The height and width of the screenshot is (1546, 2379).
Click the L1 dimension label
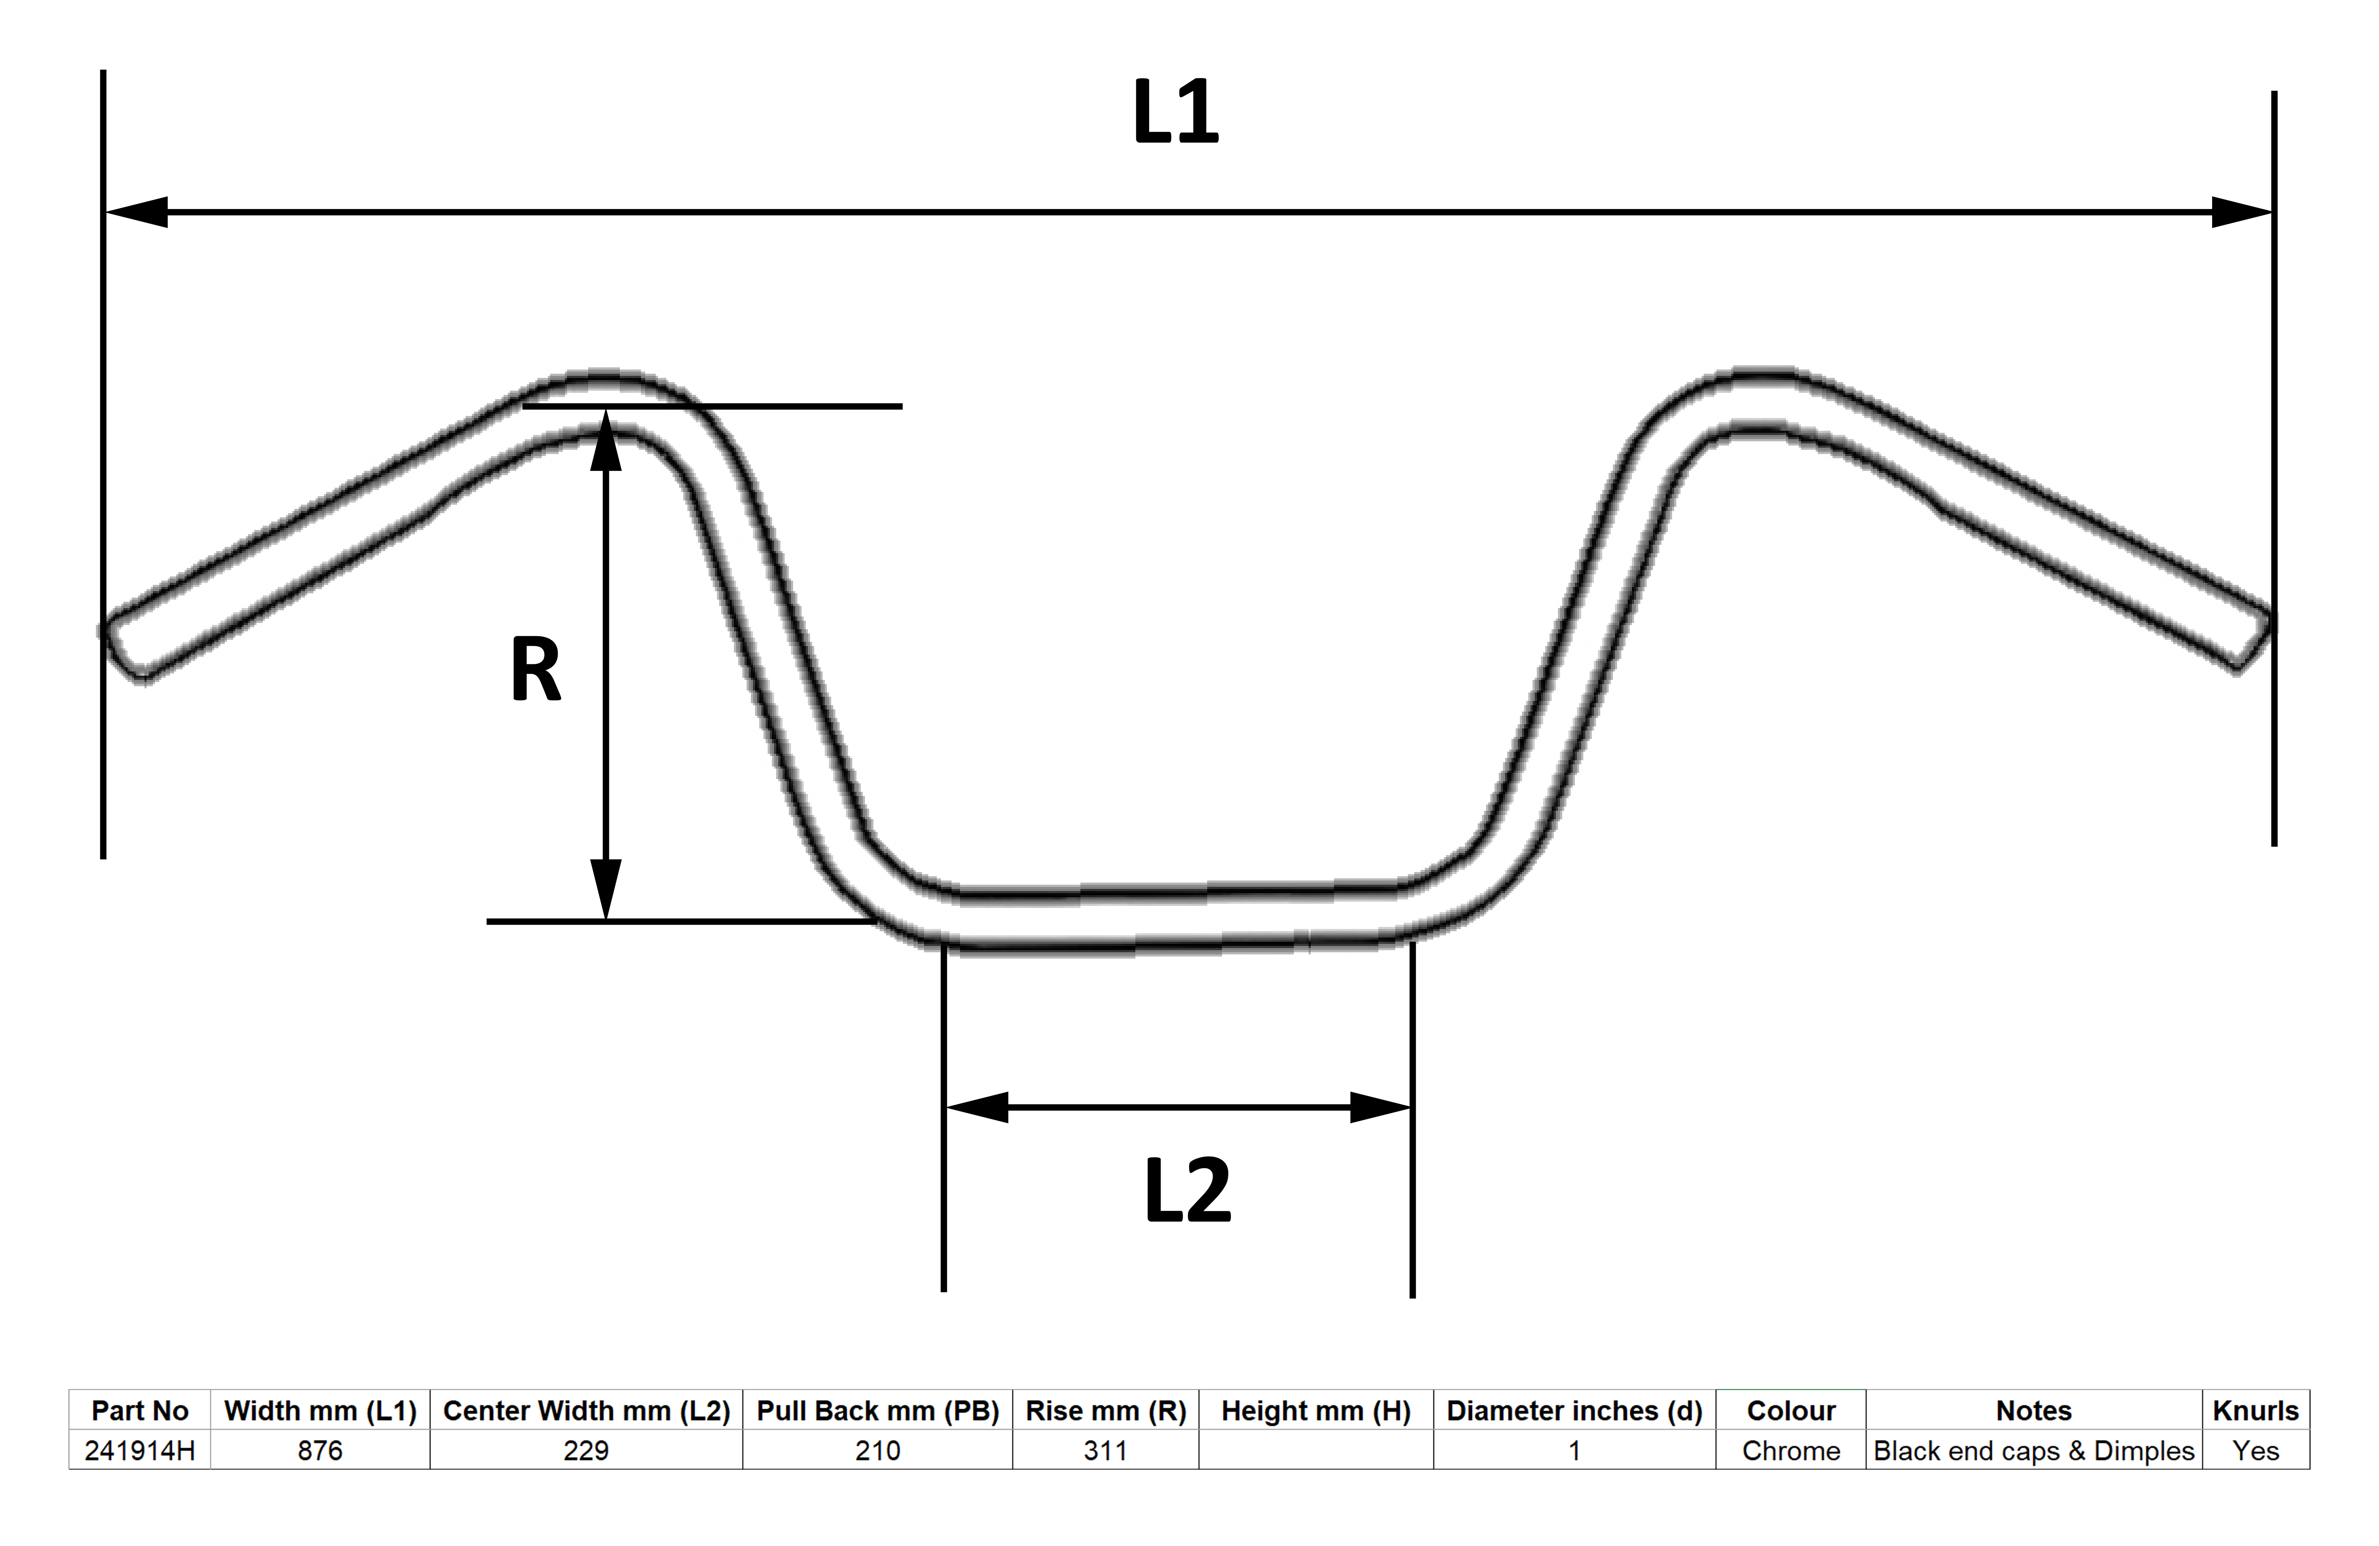[1175, 112]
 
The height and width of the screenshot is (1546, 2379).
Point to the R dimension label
[536, 670]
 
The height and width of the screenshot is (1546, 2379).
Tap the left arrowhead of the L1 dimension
[136, 212]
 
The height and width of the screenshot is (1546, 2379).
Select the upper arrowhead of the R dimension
[606, 440]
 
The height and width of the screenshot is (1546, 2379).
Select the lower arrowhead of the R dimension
[606, 889]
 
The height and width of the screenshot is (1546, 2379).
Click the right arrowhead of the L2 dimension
[1380, 1107]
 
